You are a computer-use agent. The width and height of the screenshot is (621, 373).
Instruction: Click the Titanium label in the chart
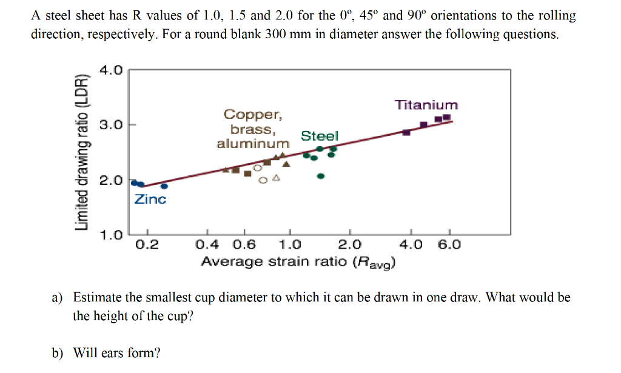(426, 105)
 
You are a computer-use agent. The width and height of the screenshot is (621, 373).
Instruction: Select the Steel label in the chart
(320, 136)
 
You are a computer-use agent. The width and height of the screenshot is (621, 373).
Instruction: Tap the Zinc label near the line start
(150, 199)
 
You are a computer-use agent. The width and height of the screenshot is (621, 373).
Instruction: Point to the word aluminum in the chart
(253, 144)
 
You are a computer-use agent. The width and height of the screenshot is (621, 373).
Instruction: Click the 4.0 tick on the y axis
(111, 70)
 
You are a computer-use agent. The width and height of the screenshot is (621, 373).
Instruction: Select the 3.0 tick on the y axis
(111, 126)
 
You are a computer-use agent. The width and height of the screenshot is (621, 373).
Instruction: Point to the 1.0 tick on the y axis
(111, 234)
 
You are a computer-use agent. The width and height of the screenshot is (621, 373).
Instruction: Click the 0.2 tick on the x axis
(147, 245)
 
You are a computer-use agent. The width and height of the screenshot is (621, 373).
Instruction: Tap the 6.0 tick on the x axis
(449, 245)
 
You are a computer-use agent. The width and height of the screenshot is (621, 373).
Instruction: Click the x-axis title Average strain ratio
(299, 262)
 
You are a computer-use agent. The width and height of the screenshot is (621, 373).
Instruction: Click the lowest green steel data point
(321, 176)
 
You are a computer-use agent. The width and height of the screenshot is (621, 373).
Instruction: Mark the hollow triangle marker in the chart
(276, 178)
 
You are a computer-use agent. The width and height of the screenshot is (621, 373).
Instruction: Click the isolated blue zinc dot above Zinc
(164, 186)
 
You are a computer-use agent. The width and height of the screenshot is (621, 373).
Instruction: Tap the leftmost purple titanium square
(406, 132)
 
